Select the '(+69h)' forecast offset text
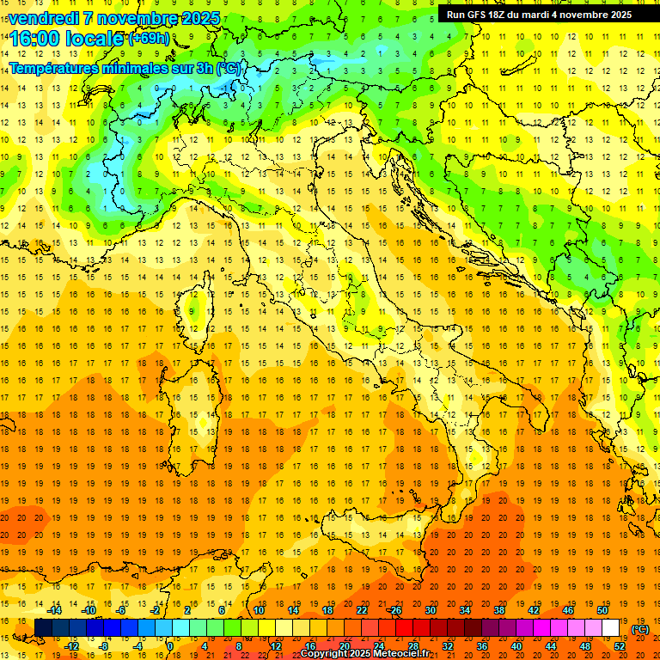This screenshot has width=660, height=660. [x=149, y=39]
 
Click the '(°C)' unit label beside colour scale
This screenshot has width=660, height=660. [x=640, y=629]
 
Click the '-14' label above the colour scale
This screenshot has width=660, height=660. [x=54, y=610]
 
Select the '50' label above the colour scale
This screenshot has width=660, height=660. [x=602, y=610]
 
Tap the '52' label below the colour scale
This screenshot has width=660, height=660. [x=619, y=646]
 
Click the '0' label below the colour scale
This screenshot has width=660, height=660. [x=170, y=646]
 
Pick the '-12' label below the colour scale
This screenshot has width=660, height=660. [x=71, y=646]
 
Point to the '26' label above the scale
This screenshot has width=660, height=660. [x=395, y=610]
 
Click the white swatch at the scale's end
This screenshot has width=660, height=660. [x=610, y=628]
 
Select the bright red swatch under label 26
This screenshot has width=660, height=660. [x=404, y=628]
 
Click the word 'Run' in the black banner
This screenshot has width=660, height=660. [x=455, y=15]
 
